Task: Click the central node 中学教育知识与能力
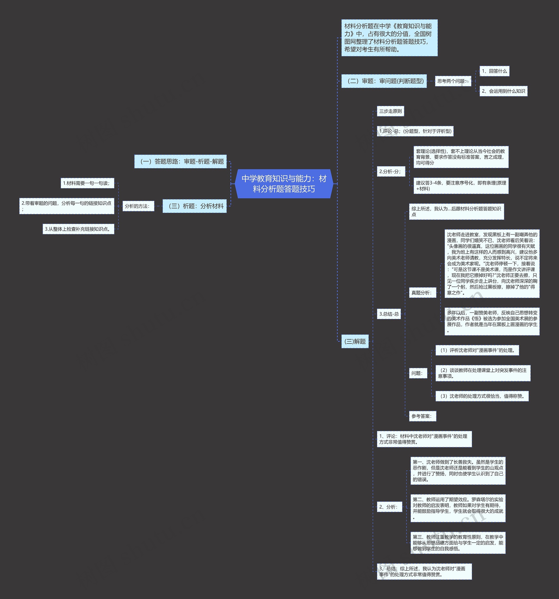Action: (284, 184)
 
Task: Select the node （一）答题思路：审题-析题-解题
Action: (180, 161)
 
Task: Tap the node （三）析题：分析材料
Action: (195, 206)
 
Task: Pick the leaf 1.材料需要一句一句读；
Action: (87, 183)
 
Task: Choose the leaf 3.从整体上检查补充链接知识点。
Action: (78, 229)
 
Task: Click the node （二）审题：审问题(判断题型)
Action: (384, 81)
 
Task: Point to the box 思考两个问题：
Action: (453, 81)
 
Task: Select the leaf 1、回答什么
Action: (494, 71)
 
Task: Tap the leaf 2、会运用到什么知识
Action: (503, 91)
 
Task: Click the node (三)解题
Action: (355, 341)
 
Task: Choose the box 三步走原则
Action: (390, 111)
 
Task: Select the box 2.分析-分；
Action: (391, 172)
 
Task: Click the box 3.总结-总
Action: (389, 314)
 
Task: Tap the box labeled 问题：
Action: (418, 373)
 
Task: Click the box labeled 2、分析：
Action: (389, 507)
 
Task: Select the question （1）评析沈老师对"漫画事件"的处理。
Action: (477, 350)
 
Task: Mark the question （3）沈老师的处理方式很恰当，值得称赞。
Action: (482, 396)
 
